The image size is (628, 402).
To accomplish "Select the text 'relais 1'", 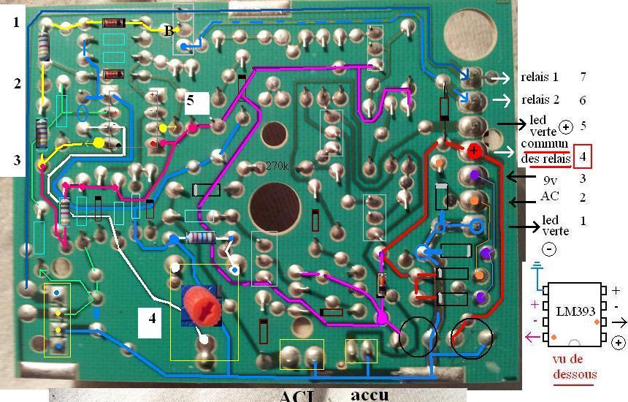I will pos(539,77).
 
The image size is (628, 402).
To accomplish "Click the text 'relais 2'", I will pos(539,100).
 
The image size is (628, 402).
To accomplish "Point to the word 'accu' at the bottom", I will pos(369,395).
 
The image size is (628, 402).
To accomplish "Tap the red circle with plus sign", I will pos(473,152).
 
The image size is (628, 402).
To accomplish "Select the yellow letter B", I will pos(169,31).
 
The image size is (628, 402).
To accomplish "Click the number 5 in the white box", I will pos(190,101).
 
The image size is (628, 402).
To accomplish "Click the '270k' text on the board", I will pos(278,166).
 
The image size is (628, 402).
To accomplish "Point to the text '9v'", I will pos(548,178).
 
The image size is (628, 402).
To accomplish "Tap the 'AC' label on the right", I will pos(549,197).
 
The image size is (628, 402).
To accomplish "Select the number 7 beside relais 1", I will pos(583,77).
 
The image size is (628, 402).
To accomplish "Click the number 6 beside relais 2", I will pos(583,100).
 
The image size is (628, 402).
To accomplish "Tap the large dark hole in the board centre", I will pos(275,204).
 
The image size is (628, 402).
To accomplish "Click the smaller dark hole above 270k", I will pos(275,135).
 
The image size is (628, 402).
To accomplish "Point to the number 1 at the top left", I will pos(16,23).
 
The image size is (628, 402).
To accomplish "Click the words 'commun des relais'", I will pos(544,151).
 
